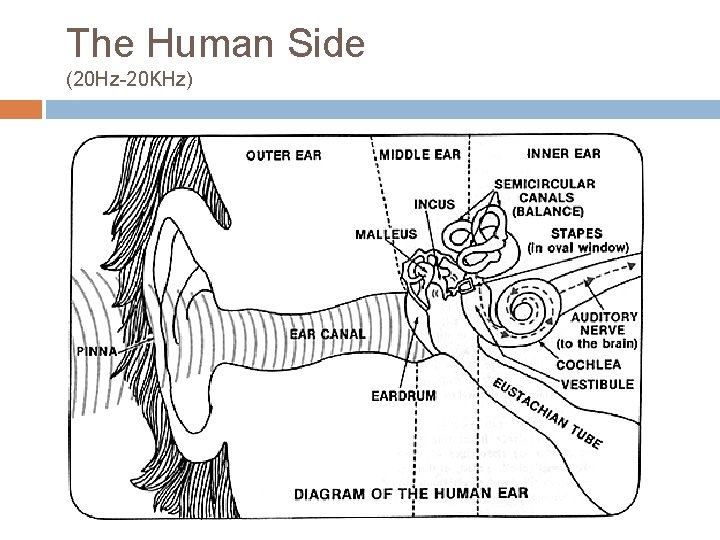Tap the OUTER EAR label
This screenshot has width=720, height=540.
284,155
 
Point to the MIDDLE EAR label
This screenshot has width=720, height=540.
421,155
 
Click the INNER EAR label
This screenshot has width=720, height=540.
563,154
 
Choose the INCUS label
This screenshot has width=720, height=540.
434,205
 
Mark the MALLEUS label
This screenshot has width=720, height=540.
386,235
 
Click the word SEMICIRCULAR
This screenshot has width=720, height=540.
545,184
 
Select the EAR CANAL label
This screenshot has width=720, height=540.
328,334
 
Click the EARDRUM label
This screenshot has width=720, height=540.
404,396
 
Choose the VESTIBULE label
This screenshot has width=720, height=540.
597,384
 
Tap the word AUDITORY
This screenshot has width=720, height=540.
604,317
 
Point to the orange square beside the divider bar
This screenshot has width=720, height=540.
21,109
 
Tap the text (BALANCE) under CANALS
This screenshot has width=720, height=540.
547,212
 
